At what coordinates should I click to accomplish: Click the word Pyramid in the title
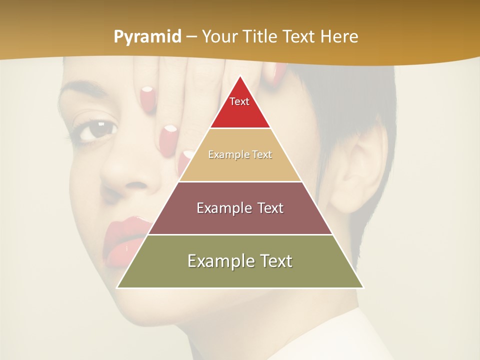[147, 37]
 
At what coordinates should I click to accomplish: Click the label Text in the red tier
[239, 101]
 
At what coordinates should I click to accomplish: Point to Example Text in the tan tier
[240, 154]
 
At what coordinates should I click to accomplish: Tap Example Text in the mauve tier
[240, 208]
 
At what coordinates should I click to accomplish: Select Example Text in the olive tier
[240, 261]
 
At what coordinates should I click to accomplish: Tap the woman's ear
[357, 170]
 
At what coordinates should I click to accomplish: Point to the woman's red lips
[125, 240]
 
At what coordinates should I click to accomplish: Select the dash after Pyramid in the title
[191, 37]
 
